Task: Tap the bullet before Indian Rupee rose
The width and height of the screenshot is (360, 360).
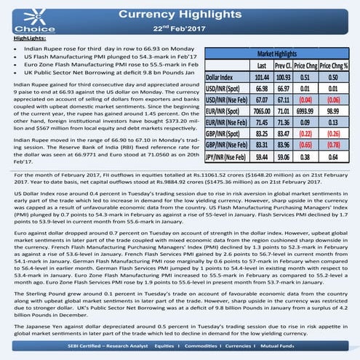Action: pyautogui.click(x=17, y=46)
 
